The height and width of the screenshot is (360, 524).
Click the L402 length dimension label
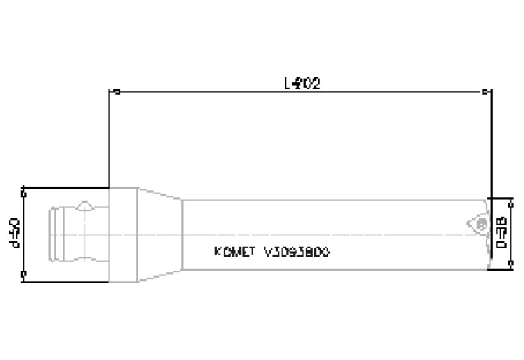[x=303, y=81]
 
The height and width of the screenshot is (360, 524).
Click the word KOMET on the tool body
[x=235, y=252]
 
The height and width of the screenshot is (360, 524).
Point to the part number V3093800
[x=296, y=252]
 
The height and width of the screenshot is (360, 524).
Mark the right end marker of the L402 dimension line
[x=491, y=92]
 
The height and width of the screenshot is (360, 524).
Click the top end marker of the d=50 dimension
[x=24, y=189]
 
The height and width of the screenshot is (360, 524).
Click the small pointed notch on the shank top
[x=85, y=206]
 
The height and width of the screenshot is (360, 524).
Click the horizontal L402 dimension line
[x=235, y=92]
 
